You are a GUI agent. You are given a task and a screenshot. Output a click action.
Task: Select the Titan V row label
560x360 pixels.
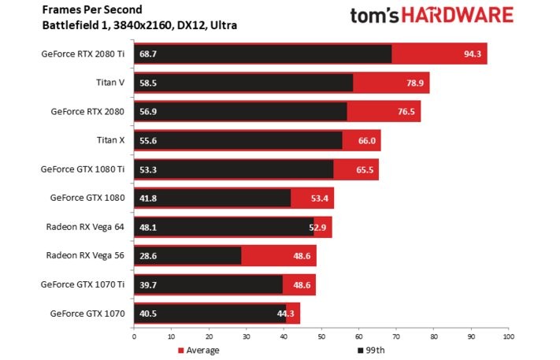click(110, 83)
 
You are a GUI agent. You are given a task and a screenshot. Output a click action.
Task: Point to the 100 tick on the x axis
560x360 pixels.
click(508, 336)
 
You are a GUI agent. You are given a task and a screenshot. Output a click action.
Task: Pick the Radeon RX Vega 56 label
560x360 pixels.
click(87, 255)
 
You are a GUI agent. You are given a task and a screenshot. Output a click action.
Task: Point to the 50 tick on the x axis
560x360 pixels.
click(321, 336)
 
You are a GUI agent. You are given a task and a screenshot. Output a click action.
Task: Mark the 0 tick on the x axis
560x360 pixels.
click(134, 336)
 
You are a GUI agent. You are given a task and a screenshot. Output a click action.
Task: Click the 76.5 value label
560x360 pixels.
click(407, 112)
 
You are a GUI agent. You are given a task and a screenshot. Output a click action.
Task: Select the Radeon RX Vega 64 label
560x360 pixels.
click(87, 227)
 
